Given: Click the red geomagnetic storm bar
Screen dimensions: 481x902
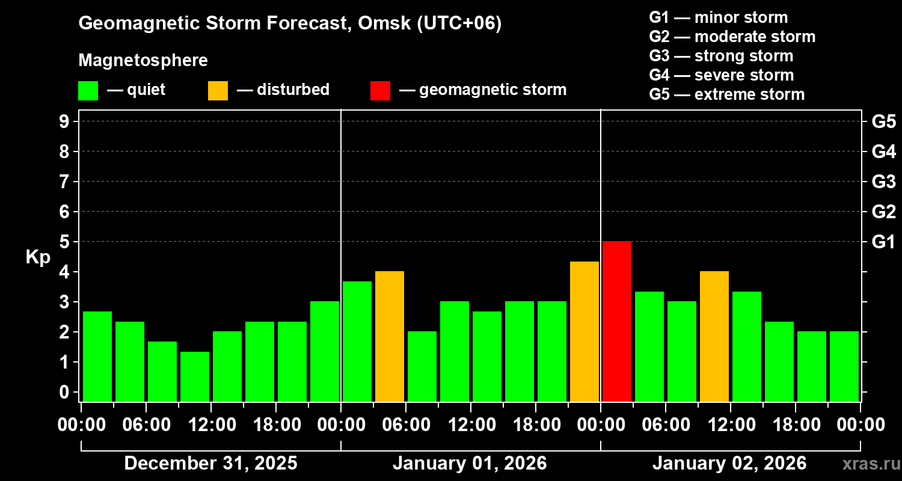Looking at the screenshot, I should pos(616,321).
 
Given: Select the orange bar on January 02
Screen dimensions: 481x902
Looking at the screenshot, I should pos(714,336).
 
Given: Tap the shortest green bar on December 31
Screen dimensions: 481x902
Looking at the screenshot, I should pos(194,376).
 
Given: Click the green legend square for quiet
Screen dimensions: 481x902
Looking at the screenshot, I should pos(88,91).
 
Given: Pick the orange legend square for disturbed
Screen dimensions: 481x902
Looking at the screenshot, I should pos(218,91).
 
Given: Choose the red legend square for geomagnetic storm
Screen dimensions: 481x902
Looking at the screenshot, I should pos(380,91).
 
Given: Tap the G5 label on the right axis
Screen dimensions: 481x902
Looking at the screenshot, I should pos(883,121).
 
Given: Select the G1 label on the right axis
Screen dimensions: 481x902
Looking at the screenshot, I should pos(883,242).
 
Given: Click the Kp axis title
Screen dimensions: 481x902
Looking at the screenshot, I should pos(38,257).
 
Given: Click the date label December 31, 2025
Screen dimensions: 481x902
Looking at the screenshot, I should pos(210,464).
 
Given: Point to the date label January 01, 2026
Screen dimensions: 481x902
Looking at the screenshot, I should pos(470,464).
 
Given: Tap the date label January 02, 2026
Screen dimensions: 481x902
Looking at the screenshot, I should pos(729,464).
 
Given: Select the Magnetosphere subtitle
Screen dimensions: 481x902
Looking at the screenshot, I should pos(143,61).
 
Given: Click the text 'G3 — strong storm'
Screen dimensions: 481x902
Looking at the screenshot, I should pos(721,56).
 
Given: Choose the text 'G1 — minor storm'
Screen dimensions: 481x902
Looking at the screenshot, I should pos(718,17).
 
